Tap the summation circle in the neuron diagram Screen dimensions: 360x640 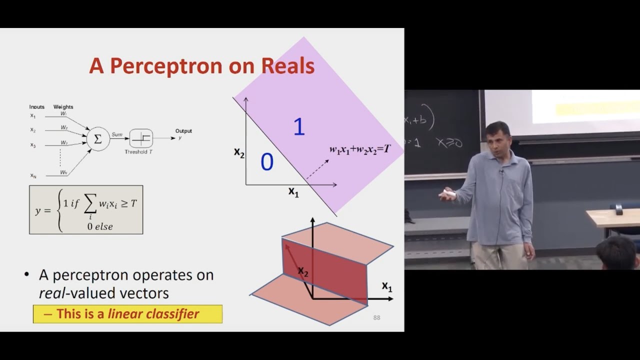click(98, 139)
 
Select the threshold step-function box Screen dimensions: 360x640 click(141, 138)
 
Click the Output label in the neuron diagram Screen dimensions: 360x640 click(183, 131)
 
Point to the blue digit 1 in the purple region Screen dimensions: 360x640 click(299, 127)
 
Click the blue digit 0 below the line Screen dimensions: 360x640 click(267, 162)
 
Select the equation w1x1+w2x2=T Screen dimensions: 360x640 click(359, 149)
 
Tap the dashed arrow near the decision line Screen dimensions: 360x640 click(317, 169)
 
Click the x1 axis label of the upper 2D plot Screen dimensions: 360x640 click(293, 192)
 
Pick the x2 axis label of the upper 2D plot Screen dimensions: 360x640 click(239, 152)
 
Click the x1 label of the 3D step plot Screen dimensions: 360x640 click(387, 286)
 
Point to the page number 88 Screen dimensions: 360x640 click(376, 317)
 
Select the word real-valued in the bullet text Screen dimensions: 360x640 click(67, 293)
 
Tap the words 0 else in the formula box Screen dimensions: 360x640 click(100, 226)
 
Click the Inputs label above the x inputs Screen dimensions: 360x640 click(37, 107)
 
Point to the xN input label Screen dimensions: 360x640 click(33, 175)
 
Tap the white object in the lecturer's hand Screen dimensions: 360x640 click(449, 193)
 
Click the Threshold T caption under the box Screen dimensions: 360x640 click(138, 152)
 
